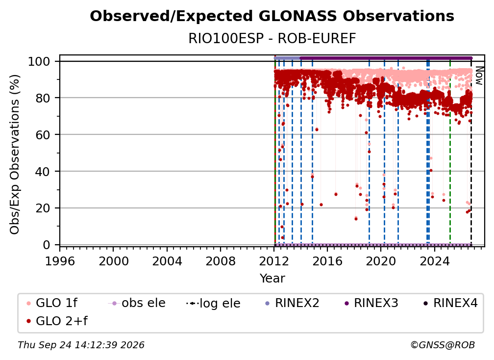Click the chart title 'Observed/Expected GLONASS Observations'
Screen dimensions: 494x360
[272, 16]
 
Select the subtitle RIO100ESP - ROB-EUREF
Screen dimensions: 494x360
[272, 39]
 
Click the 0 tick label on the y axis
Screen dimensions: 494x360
[47, 245]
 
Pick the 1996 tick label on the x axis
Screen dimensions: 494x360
[60, 261]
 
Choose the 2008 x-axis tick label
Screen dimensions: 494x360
[220, 261]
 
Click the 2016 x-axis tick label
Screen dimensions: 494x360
[327, 261]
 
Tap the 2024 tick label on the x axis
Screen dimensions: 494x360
[434, 261]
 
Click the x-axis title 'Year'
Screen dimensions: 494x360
[272, 279]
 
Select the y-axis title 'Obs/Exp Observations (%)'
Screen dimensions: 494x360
[15, 154]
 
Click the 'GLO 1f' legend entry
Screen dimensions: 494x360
[52, 303]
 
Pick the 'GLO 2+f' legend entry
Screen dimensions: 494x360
[57, 321]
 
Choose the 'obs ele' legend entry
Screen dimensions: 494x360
[137, 303]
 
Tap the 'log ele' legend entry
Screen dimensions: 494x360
[213, 304]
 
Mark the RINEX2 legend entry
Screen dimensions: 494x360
[293, 303]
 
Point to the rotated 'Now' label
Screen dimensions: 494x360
[478, 76]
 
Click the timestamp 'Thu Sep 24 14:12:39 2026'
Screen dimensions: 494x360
[81, 345]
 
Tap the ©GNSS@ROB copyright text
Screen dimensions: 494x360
[443, 345]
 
